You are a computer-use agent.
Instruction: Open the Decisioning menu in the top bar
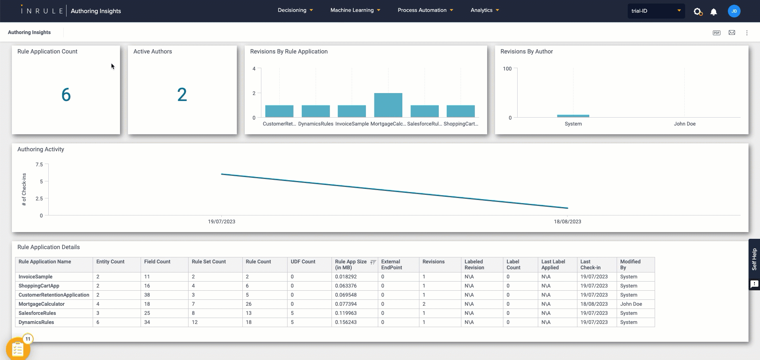295,10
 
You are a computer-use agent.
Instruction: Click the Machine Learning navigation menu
355,10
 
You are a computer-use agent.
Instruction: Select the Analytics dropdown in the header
484,10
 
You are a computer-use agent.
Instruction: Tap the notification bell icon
713,12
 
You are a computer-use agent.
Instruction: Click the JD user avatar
734,11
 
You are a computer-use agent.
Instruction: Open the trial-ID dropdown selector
655,11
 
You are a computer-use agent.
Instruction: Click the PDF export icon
716,33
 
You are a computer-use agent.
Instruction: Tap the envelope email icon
732,33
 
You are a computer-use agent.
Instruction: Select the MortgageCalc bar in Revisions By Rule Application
388,105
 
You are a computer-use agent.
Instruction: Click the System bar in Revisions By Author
573,116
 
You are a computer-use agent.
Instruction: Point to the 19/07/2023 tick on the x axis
221,221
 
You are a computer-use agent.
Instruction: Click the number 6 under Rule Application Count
66,95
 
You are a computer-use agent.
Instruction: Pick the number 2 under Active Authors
182,95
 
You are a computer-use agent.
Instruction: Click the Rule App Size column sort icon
373,262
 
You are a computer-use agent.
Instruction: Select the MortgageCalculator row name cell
42,304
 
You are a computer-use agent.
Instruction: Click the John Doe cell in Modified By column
631,304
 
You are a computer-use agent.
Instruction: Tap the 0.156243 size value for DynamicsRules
346,322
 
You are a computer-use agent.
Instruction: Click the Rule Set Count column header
209,262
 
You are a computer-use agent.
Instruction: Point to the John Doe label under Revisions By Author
684,124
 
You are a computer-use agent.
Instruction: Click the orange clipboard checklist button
18,349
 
